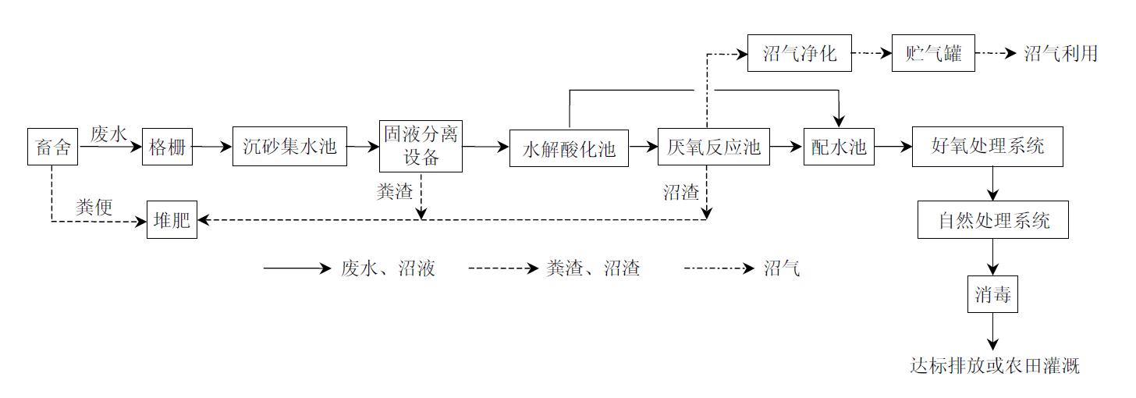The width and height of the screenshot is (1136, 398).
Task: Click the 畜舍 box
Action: pos(53,147)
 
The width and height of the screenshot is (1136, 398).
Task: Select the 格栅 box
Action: pos(167,147)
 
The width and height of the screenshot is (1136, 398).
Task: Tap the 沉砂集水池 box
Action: pos(289,146)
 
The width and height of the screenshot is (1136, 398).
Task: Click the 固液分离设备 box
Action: pos(421,146)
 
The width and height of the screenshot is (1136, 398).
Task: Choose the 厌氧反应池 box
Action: pos(713,147)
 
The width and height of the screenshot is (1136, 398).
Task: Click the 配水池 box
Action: pos(839,147)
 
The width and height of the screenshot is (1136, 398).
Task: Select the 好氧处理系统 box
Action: pos(987,146)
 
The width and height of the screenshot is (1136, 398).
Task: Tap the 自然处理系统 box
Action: pos(992,220)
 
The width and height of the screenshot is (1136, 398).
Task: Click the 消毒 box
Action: pos(992,295)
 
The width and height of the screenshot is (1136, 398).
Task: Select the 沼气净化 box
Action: pos(799,54)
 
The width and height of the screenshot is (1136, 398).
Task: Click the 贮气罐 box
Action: pos(933,54)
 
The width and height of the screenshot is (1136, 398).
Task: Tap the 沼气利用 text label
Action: pos(1061,54)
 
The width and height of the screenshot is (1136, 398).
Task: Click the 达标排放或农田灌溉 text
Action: pos(995,365)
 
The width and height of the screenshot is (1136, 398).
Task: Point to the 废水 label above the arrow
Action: pos(108,133)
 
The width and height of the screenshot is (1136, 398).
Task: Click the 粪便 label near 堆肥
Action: pos(94,207)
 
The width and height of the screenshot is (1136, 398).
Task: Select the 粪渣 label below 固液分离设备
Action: pos(395,192)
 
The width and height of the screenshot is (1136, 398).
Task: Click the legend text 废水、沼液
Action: pos(388,268)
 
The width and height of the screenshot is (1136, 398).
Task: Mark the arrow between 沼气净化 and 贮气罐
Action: pos(872,54)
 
